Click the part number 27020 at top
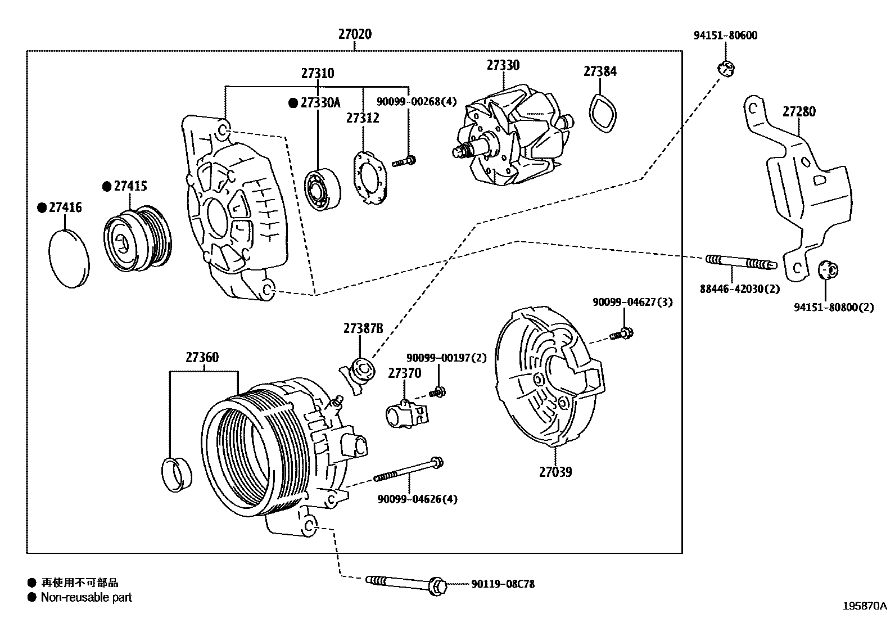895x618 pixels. [x=354, y=34]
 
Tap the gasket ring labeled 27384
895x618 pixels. [x=602, y=114]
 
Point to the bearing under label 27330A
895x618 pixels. [x=322, y=190]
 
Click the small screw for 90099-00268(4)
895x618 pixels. [x=404, y=162]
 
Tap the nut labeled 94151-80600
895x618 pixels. [x=726, y=69]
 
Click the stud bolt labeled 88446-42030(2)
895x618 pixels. [x=740, y=262]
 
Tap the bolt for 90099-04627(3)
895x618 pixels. [x=622, y=335]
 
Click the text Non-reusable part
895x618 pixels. [x=86, y=597]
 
